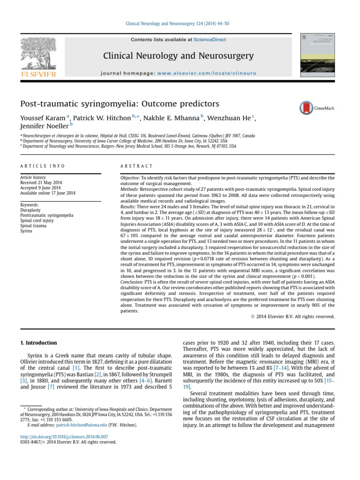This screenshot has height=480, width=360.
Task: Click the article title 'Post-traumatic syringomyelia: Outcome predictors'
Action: pos(120,103)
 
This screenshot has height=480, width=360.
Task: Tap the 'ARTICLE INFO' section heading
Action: pos(42,166)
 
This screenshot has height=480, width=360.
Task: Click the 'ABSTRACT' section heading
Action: pos(137,166)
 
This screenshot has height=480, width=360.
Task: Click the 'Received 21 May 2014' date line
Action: pos(41,182)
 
